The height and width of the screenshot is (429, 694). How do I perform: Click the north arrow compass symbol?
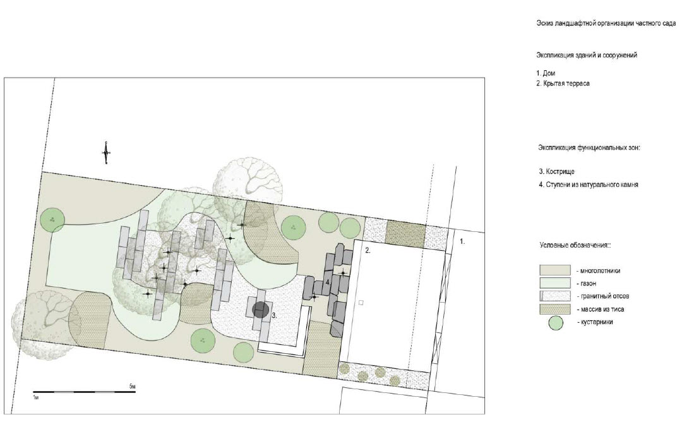tap(106, 153)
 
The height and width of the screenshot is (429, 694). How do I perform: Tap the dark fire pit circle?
tap(261, 310)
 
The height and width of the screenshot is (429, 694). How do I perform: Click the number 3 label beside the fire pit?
tap(275, 316)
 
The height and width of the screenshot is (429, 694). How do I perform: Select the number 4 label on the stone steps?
tap(328, 282)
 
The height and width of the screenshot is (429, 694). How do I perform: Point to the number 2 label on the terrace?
tap(368, 251)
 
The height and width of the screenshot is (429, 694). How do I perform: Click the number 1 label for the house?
tap(462, 242)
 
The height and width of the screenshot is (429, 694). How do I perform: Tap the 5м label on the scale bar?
tap(133, 387)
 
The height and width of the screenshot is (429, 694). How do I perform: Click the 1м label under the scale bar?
tap(36, 398)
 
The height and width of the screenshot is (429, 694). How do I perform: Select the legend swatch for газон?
tap(554, 283)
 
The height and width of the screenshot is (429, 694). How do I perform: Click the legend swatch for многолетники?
tap(554, 270)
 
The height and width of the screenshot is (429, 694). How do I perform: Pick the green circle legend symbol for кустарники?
tap(556, 323)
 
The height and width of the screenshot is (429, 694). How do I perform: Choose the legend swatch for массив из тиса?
tap(554, 309)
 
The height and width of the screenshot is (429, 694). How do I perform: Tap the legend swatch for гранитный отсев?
tap(554, 296)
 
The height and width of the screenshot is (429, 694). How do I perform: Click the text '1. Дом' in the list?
tap(546, 73)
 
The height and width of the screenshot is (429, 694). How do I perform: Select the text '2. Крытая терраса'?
tap(563, 83)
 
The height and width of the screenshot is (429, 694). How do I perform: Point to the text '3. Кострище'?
tap(556, 171)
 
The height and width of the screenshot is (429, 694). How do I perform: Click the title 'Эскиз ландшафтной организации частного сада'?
tap(606, 23)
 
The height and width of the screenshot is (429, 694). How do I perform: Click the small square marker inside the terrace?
tap(361, 303)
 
